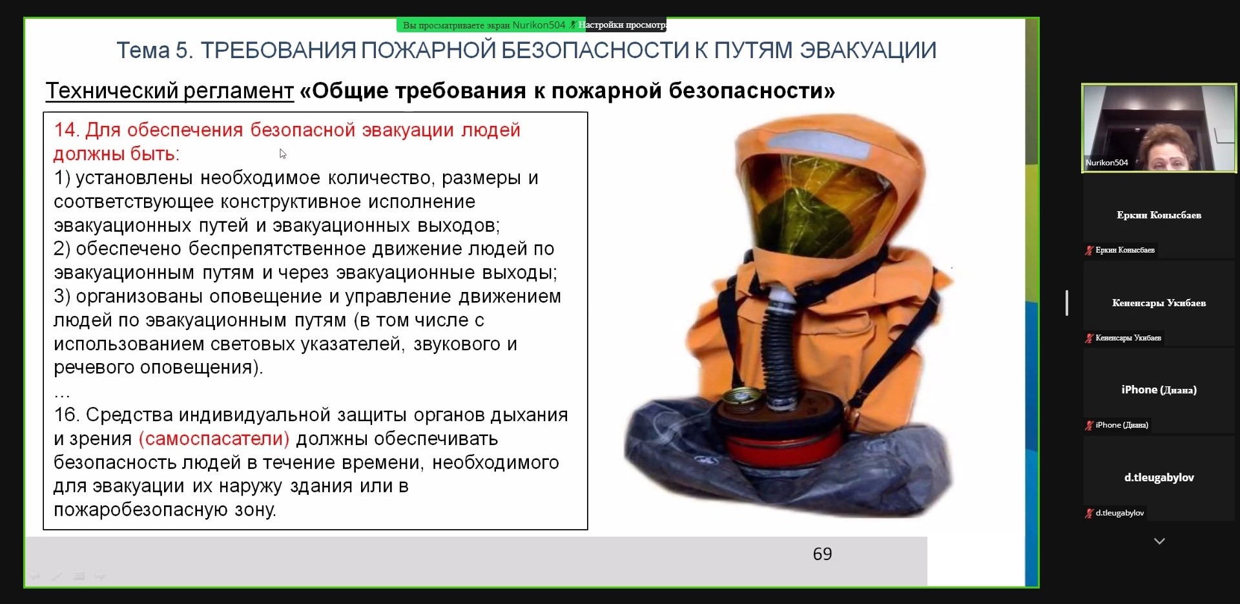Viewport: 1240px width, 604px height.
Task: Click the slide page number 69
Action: (x=822, y=554)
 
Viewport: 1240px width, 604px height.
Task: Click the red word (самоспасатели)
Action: (x=214, y=439)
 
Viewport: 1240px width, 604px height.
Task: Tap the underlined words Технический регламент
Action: (x=170, y=91)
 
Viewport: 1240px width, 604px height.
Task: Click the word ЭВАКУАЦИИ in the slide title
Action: (x=868, y=50)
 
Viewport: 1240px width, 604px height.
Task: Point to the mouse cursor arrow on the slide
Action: (x=282, y=154)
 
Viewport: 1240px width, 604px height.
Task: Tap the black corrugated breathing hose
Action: (x=782, y=349)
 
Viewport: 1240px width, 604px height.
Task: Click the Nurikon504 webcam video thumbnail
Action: (x=1159, y=128)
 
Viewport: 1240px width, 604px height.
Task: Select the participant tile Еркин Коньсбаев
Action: (x=1159, y=216)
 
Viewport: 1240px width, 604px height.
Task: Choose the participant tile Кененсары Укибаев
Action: (x=1159, y=304)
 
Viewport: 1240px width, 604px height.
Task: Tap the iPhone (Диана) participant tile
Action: (x=1159, y=390)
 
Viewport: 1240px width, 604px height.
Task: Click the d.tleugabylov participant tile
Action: (x=1159, y=478)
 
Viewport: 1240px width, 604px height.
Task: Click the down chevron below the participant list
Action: (x=1159, y=541)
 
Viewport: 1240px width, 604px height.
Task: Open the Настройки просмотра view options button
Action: (x=623, y=25)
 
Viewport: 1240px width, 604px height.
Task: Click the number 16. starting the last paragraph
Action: (x=67, y=415)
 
